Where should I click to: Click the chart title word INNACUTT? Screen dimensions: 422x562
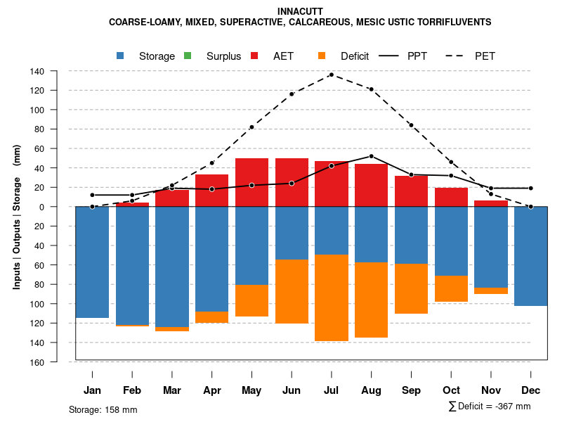pyautogui.click(x=300, y=11)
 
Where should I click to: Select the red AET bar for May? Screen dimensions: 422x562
pyautogui.click(x=251, y=182)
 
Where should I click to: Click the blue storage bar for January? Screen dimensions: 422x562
pyautogui.click(x=92, y=262)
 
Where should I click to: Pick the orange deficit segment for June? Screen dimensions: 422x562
pyautogui.click(x=292, y=291)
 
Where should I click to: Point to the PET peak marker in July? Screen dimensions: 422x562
pyautogui.click(x=332, y=75)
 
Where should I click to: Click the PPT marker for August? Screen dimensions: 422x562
pyautogui.click(x=371, y=156)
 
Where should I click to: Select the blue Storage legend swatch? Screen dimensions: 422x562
pyautogui.click(x=121, y=56)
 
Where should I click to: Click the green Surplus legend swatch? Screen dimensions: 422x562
pyautogui.click(x=188, y=56)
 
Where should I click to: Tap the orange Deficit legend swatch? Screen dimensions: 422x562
pyautogui.click(x=322, y=56)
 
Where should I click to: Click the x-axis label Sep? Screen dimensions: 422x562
pyautogui.click(x=411, y=390)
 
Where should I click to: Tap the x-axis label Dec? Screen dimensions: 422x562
pyautogui.click(x=530, y=390)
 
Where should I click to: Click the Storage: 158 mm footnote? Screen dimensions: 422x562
pyautogui.click(x=103, y=409)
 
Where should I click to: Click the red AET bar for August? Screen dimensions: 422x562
pyautogui.click(x=371, y=185)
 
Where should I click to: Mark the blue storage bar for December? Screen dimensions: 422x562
pyautogui.click(x=530, y=256)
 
